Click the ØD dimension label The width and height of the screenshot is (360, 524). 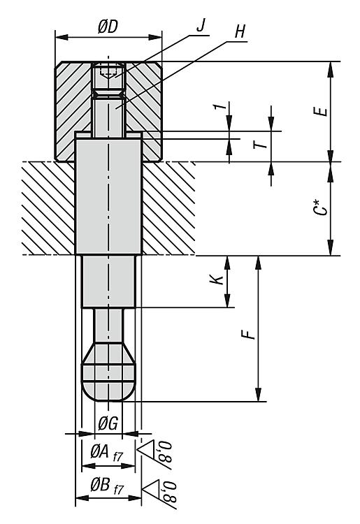108,27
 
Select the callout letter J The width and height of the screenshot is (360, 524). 201,26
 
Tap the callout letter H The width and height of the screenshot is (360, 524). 240,32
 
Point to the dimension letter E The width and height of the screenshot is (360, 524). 321,112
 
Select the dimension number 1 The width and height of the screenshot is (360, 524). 219,107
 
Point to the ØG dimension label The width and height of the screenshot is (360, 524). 108,424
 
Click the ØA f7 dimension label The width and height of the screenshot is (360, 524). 107,453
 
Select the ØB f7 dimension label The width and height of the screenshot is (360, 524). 107,486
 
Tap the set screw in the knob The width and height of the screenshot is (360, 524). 108,76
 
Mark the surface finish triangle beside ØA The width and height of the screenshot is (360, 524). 145,448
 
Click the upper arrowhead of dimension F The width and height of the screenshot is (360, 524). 258,262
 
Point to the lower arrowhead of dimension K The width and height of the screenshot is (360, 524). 227,300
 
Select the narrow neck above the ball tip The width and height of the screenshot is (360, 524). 108,325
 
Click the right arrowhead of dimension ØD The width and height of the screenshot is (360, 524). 155,37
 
